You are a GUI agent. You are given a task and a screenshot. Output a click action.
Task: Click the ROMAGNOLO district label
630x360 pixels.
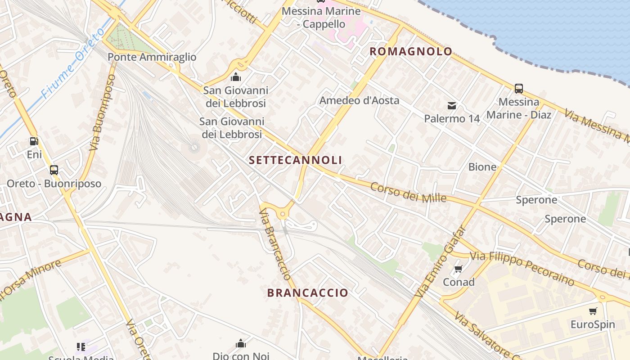pyautogui.click(x=410, y=51)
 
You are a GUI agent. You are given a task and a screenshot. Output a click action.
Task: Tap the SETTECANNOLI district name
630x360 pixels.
pyautogui.click(x=295, y=160)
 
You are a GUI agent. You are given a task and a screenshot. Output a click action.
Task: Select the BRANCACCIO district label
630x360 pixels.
pyautogui.click(x=308, y=293)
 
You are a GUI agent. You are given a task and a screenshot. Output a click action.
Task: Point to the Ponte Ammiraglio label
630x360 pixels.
pyautogui.click(x=152, y=57)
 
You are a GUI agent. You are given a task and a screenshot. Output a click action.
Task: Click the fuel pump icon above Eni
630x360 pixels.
pyautogui.click(x=34, y=141)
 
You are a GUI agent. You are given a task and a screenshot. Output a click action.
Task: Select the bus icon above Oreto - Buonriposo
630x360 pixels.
pyautogui.click(x=54, y=170)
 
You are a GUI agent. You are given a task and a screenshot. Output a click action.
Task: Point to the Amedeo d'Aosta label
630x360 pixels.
pyautogui.click(x=359, y=100)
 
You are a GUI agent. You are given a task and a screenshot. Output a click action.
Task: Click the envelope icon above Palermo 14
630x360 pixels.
pyautogui.click(x=452, y=106)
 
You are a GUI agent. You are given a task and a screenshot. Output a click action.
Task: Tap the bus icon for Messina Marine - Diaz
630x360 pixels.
pyautogui.click(x=518, y=88)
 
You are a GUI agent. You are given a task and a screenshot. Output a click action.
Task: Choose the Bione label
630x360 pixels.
pyautogui.click(x=482, y=167)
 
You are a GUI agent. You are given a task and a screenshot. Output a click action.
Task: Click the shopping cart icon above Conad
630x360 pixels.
pyautogui.click(x=458, y=269)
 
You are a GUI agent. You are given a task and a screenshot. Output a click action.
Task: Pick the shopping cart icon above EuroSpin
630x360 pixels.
pyautogui.click(x=593, y=311)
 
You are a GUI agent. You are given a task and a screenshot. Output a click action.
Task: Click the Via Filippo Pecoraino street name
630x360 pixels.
pyautogui.click(x=522, y=267)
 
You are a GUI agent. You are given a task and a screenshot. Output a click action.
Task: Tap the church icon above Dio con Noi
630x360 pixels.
pyautogui.click(x=241, y=344)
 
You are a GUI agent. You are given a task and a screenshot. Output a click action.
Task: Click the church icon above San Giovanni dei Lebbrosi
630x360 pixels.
pyautogui.click(x=235, y=77)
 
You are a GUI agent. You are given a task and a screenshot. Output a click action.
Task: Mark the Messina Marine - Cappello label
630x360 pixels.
pyautogui.click(x=321, y=17)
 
